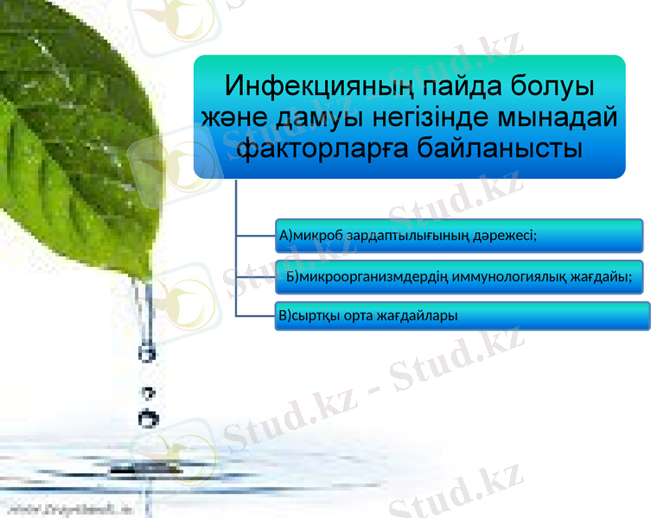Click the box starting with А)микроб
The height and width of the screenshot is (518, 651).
[x=459, y=235]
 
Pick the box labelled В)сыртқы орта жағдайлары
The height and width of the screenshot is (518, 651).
[x=463, y=316]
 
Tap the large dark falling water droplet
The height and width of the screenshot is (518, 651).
[x=149, y=418]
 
